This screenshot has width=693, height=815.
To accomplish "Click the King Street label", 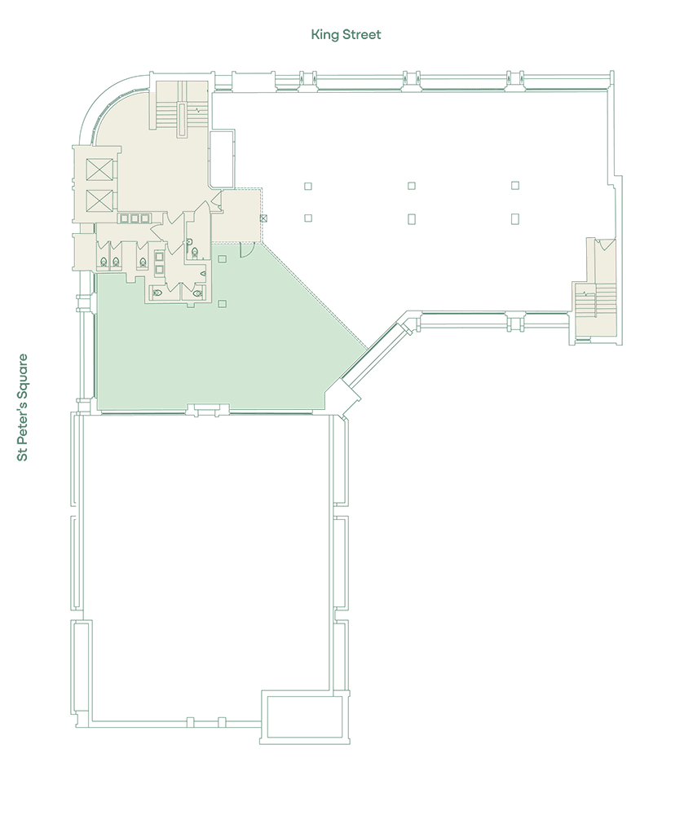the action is [346, 35].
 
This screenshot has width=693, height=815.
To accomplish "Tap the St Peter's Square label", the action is [22, 407].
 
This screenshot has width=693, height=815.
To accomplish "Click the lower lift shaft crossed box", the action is [99, 200].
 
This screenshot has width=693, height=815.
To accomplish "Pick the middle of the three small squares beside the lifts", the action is [135, 218].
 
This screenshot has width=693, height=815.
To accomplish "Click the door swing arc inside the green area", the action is [246, 252].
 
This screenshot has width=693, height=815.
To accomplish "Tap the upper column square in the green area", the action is [223, 258].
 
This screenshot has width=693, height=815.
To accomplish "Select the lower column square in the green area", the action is [223, 303].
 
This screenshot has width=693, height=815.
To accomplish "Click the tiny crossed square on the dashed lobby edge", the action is [263, 218].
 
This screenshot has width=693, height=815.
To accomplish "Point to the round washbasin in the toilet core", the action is [190, 241].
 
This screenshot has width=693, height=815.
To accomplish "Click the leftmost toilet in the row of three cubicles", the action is [104, 262].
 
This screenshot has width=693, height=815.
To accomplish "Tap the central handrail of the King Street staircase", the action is [182, 120].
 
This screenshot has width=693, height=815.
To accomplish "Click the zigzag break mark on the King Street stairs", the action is [198, 110].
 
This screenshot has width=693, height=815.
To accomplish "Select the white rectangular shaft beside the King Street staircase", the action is [222, 159].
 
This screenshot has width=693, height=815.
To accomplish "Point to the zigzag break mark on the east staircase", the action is [586, 293].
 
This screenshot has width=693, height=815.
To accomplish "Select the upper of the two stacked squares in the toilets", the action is [160, 256].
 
